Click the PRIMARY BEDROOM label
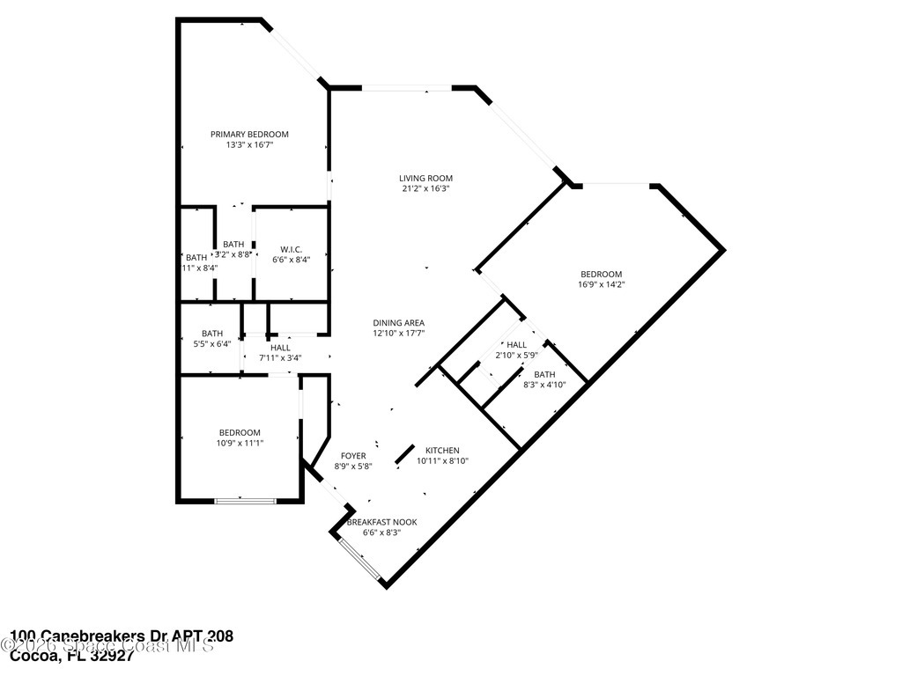point(249,134)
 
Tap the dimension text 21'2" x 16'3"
point(426,188)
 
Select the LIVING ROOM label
point(426,178)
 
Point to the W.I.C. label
point(292,249)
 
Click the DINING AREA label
point(398,323)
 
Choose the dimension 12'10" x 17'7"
point(398,334)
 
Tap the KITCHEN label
point(442,450)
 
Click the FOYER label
point(353,456)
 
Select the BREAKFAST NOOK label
point(381,522)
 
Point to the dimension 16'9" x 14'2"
point(601,284)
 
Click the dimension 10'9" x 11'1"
point(240,443)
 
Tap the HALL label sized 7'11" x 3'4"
point(280,348)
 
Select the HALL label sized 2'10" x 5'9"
point(516,344)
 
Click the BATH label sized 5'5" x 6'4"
point(212,334)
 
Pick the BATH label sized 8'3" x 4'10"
point(544,374)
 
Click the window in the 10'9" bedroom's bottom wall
point(244,501)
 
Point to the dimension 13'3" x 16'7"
point(249,144)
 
